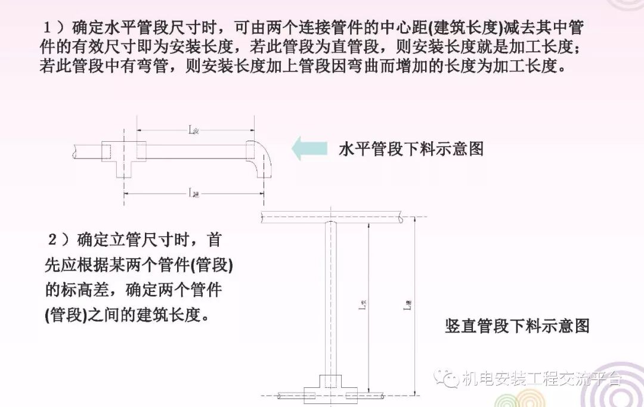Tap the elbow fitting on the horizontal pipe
(x=259, y=158)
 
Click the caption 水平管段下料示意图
(x=411, y=149)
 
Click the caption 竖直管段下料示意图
(x=517, y=326)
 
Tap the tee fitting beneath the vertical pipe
(x=327, y=387)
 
